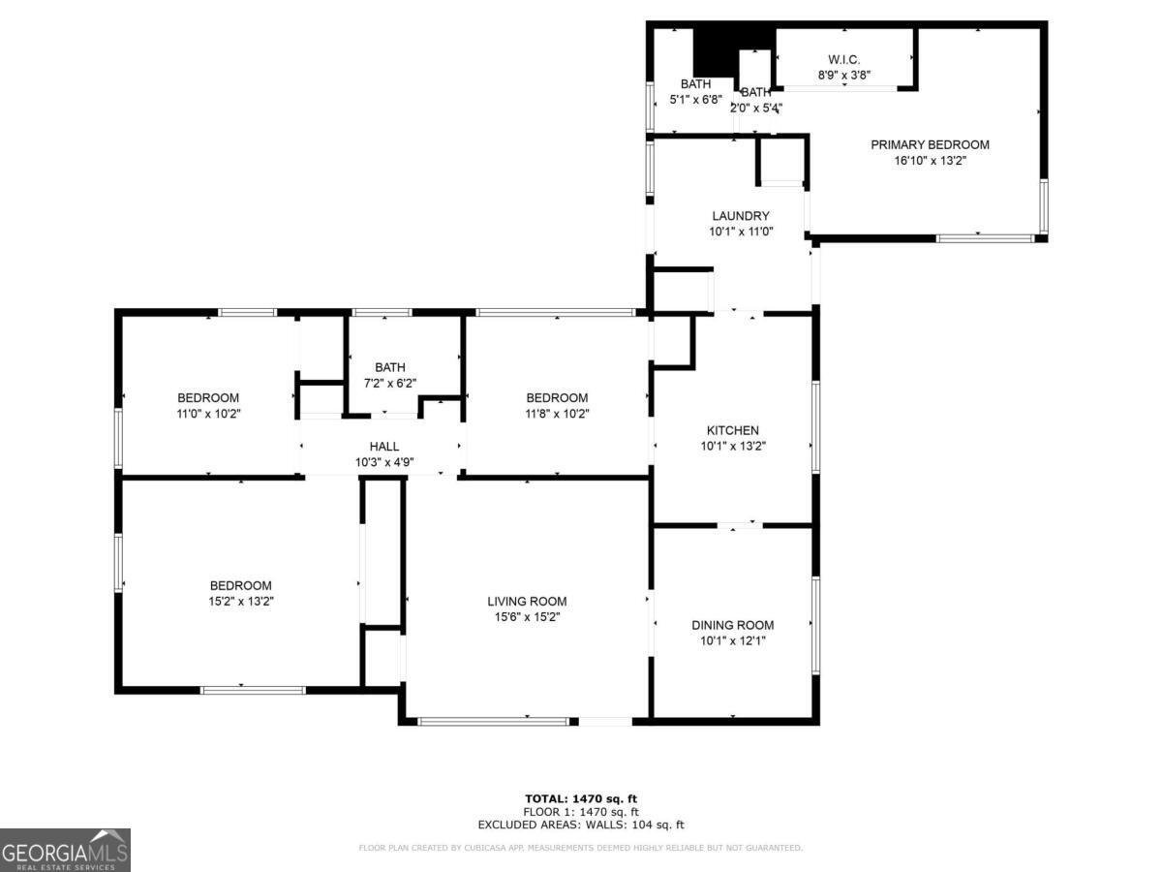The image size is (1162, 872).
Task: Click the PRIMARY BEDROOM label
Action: point(930,144)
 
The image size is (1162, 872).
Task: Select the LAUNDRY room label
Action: point(740,216)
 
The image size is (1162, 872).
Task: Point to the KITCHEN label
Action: point(732,430)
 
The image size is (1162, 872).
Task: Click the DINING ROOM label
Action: point(732,625)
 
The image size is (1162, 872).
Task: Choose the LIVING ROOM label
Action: point(527,601)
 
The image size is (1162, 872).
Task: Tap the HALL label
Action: point(384,447)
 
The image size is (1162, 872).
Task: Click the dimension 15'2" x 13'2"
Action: point(241,602)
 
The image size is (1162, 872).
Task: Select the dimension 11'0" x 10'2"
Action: point(208,414)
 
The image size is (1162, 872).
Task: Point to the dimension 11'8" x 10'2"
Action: point(557,414)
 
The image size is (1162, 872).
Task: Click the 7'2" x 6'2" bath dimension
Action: point(390,383)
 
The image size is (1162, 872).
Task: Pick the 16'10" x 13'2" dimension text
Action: point(930,161)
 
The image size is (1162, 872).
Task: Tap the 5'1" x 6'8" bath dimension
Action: point(695,100)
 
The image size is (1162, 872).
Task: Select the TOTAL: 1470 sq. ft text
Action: point(581,798)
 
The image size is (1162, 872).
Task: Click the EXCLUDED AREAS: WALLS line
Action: point(581,825)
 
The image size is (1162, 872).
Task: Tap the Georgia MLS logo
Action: point(65,850)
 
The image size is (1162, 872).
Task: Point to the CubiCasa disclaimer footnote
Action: point(581,848)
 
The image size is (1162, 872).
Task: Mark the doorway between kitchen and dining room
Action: point(740,525)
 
